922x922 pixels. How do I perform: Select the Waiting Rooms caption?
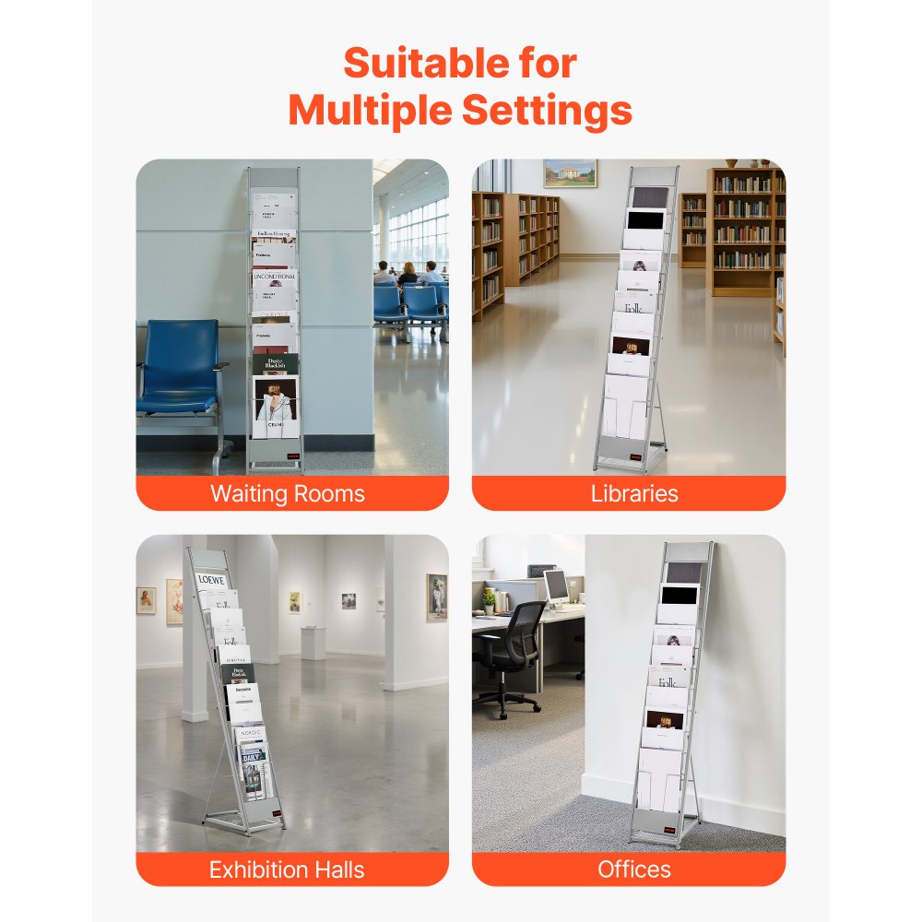288,493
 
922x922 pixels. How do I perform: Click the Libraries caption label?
634,493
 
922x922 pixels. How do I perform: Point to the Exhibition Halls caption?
287,869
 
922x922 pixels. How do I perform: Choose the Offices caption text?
634,869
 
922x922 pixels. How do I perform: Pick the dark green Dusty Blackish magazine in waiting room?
275,364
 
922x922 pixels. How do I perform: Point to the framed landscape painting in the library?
570,173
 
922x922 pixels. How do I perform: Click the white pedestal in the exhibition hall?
313,642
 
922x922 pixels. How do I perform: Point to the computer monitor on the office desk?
556,585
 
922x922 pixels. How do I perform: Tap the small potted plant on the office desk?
489,599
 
